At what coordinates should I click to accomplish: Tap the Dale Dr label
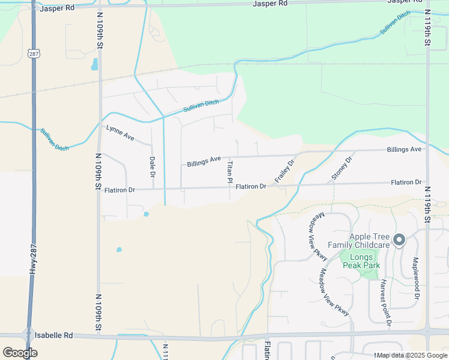pyautogui.click(x=152, y=167)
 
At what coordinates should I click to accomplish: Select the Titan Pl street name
pyautogui.click(x=229, y=171)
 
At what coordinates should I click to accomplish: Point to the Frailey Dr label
pyautogui.click(x=285, y=171)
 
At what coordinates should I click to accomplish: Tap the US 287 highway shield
pyautogui.click(x=33, y=53)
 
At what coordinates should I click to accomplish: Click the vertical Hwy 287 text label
pyautogui.click(x=32, y=259)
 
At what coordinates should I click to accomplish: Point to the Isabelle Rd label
pyautogui.click(x=54, y=335)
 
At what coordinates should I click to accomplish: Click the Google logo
pyautogui.click(x=20, y=352)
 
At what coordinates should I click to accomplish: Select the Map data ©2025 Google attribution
pyautogui.click(x=411, y=355)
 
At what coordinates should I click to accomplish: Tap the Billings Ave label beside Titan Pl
pyautogui.click(x=204, y=162)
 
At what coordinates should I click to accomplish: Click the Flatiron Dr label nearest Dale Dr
pyautogui.click(x=119, y=190)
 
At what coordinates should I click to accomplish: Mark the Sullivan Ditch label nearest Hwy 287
pyautogui.click(x=54, y=139)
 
